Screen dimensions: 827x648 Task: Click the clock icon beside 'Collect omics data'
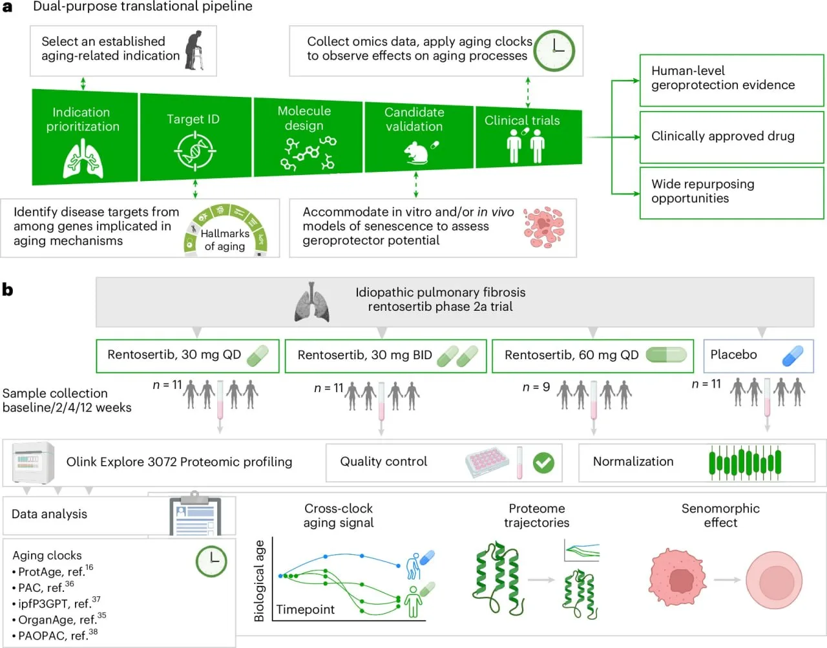554,50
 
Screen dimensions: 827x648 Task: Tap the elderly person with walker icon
195,50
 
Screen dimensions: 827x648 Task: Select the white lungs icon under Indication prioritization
83,158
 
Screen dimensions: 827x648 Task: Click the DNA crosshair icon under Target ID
195,151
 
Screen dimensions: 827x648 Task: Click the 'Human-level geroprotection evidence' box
731,80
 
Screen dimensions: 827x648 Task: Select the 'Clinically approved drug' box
731,137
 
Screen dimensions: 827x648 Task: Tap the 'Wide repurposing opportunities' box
731,193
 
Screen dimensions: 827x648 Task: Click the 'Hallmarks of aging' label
225,240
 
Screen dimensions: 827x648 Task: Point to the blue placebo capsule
792,356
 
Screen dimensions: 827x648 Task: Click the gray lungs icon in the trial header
311,302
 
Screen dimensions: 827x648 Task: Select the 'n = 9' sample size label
536,387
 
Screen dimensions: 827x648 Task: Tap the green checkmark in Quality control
543,463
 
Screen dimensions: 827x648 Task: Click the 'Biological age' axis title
259,581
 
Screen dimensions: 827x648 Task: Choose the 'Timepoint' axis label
305,610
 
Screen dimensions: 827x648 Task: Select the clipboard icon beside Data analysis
195,513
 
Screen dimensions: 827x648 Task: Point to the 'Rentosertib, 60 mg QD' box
592,356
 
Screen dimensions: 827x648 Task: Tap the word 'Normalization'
633,461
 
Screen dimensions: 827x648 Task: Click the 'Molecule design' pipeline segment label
304,118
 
